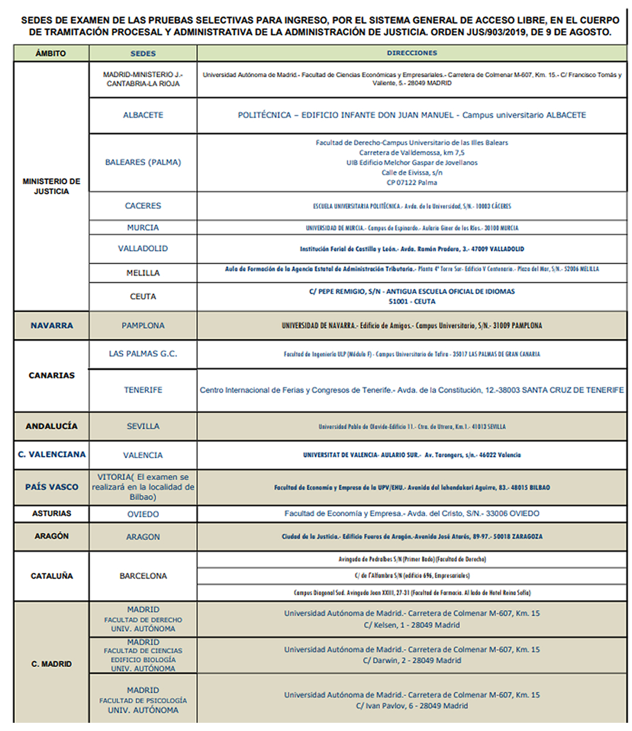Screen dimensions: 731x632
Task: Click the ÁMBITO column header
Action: [x=51, y=53]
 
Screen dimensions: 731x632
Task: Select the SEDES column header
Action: [x=143, y=53]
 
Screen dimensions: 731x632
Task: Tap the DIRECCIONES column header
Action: [x=412, y=53]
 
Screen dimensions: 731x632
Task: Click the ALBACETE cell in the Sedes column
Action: [x=143, y=116]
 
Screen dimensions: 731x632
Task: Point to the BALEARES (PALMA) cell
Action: [x=143, y=163]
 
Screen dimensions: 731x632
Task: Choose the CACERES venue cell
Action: [x=143, y=206]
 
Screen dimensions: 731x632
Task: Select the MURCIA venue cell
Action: [x=143, y=228]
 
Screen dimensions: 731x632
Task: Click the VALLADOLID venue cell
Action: [x=143, y=249]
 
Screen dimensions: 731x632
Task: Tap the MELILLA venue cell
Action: [x=143, y=273]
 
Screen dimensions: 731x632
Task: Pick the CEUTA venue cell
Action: [x=143, y=297]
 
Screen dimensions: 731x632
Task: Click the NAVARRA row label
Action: [x=52, y=326]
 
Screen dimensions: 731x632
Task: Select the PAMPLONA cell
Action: [x=143, y=326]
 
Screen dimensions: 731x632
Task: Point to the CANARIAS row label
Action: [x=52, y=375]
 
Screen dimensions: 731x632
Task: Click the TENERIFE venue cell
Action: [x=143, y=390]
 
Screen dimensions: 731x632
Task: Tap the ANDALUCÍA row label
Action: [x=52, y=427]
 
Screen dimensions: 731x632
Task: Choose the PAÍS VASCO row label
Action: [x=52, y=487]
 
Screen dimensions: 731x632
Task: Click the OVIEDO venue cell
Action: [x=143, y=514]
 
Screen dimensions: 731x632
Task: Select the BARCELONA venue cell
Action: [x=143, y=576]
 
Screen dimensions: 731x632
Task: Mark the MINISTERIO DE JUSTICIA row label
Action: [x=52, y=186]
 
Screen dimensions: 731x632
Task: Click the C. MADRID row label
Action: [x=52, y=664]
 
